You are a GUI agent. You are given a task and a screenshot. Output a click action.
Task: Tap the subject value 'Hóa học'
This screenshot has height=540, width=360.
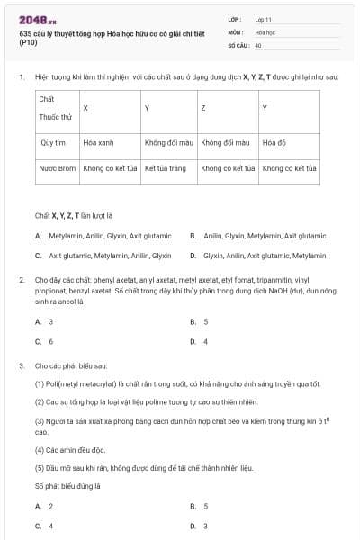pos(264,31)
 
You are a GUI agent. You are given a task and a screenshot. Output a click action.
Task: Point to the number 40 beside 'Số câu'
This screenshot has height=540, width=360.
pos(258,45)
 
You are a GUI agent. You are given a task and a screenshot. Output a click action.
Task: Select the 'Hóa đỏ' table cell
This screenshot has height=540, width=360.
pos(274,142)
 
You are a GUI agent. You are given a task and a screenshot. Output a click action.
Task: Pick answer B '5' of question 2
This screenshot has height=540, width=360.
pos(206,321)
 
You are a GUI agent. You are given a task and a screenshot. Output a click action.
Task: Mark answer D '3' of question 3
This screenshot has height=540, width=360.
pos(206,526)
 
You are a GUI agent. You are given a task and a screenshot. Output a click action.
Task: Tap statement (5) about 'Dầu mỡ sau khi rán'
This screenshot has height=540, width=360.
pos(144,468)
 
